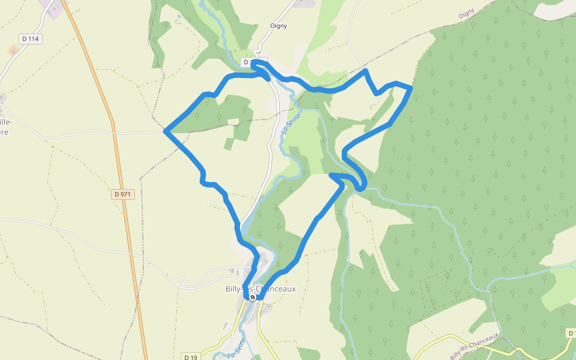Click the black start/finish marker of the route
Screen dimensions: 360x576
click(x=253, y=296)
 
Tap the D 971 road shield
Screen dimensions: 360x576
click(x=123, y=194)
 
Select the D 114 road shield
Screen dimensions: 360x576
click(x=30, y=39)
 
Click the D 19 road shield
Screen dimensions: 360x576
click(x=191, y=357)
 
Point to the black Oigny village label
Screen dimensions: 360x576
click(x=278, y=26)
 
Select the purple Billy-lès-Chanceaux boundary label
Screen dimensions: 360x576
click(x=474, y=346)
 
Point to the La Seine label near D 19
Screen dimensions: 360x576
click(x=237, y=347)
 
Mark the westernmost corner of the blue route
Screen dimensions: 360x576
click(x=164, y=130)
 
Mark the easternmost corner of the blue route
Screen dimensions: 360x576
click(x=411, y=89)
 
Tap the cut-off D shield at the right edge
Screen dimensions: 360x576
click(x=571, y=333)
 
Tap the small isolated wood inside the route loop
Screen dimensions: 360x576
click(x=228, y=144)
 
